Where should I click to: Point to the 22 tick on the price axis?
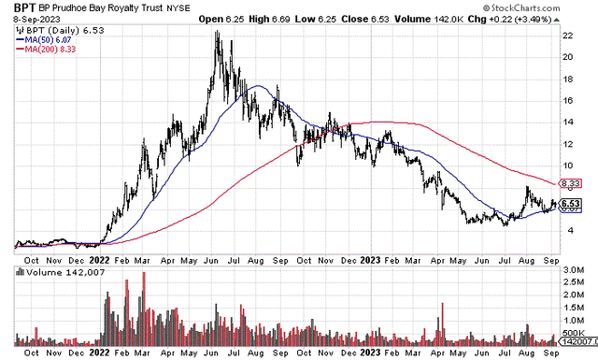pos(565,34)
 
